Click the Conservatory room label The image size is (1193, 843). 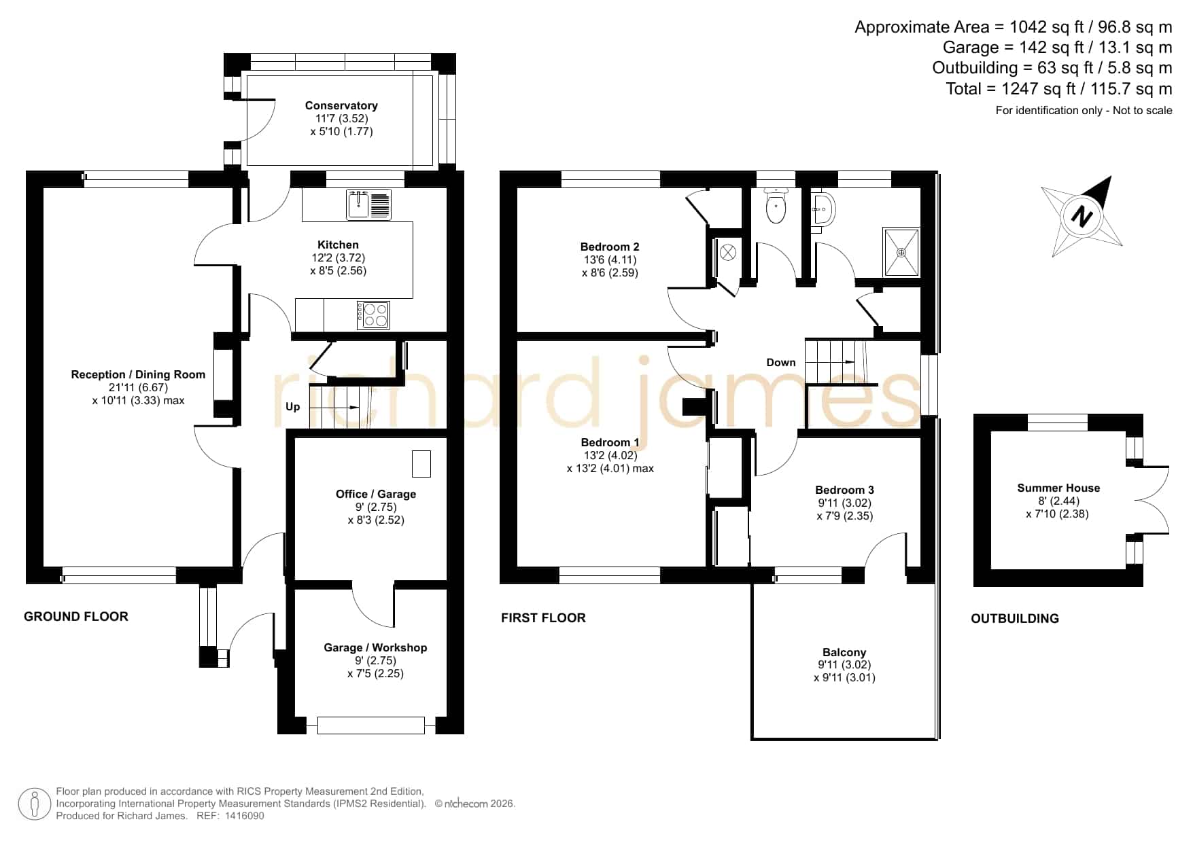pyautogui.click(x=341, y=105)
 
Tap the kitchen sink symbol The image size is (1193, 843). pyautogui.click(x=369, y=204)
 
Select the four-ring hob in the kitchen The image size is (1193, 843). pyautogui.click(x=374, y=315)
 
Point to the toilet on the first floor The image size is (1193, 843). pyautogui.click(x=775, y=205)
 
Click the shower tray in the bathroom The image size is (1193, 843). pyautogui.click(x=901, y=253)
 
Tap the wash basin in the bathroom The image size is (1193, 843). pyautogui.click(x=823, y=209)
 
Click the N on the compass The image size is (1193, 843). pyautogui.click(x=1081, y=217)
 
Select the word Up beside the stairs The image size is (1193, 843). pyautogui.click(x=292, y=407)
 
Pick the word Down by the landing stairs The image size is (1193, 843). pyautogui.click(x=781, y=362)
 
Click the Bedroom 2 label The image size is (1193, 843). pyautogui.click(x=610, y=247)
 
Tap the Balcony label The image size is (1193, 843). pyautogui.click(x=844, y=652)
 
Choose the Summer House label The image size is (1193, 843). pyautogui.click(x=1058, y=488)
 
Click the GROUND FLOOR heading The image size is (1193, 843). pyautogui.click(x=76, y=617)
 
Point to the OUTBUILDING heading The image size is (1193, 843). pyautogui.click(x=1015, y=618)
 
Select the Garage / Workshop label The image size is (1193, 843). pyautogui.click(x=375, y=647)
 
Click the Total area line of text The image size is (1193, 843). pyautogui.click(x=1059, y=89)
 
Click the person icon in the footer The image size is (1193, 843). pyautogui.click(x=34, y=804)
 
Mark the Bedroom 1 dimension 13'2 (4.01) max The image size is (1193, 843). pyautogui.click(x=610, y=469)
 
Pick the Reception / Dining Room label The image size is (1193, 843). pyautogui.click(x=138, y=374)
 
